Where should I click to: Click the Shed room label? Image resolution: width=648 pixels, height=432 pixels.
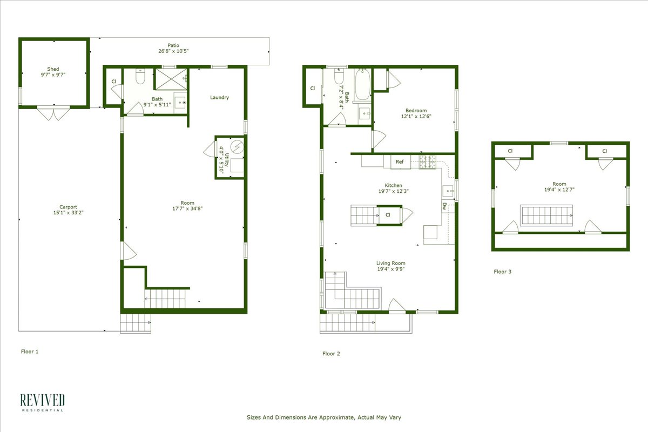[53, 69]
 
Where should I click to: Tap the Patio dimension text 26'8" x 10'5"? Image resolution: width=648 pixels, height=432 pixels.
[173, 51]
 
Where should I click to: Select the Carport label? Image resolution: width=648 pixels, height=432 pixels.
[68, 207]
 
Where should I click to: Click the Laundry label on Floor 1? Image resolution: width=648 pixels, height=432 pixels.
[219, 98]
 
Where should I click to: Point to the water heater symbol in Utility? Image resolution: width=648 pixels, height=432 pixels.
[237, 146]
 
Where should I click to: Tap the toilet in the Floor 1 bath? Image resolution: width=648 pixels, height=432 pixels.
[140, 78]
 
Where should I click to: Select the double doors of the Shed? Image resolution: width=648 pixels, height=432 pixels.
[53, 113]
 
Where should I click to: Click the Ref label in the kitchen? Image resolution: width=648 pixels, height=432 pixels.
[400, 161]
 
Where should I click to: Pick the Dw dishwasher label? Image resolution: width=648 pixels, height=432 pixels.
[444, 206]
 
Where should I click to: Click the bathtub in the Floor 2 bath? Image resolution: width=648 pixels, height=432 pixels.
[362, 85]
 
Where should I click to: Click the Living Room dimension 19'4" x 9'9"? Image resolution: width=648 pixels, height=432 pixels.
[390, 269]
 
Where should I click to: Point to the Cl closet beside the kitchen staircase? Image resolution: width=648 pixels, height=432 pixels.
[388, 215]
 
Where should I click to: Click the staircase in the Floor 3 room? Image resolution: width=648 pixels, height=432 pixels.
[545, 215]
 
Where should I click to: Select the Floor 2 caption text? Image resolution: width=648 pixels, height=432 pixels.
[331, 354]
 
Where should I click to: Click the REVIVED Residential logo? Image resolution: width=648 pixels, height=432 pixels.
[42, 402]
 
